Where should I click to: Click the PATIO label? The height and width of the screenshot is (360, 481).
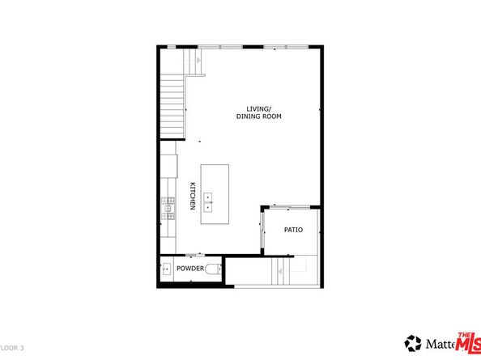(293, 231)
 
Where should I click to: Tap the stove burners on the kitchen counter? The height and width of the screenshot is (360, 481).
(169, 209)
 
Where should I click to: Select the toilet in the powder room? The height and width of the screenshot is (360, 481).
(214, 269)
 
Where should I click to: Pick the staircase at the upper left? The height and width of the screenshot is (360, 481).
(172, 104)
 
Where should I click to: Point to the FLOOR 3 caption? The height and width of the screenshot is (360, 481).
(13, 347)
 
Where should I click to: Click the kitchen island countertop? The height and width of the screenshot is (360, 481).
(215, 183)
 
